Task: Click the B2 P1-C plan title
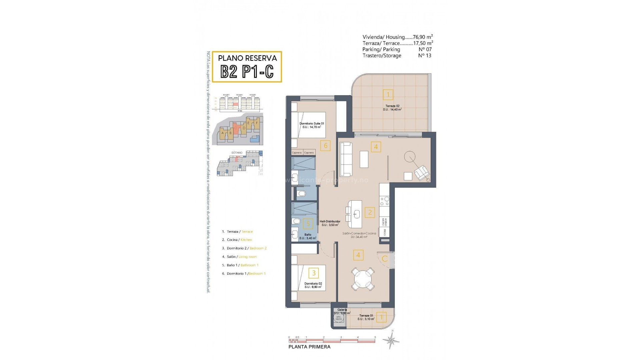247,71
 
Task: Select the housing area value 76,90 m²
423,37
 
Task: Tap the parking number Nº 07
425,49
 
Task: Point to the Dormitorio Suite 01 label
312,124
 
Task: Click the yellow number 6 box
326,145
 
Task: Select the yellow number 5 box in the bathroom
308,224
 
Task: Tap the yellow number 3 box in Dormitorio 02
313,273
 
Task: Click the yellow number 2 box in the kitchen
369,212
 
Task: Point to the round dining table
363,278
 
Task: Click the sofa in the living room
346,159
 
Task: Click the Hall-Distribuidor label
330,221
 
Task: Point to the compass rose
391,340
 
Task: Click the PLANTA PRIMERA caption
309,347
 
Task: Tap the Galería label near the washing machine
342,310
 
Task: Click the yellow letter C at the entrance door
384,259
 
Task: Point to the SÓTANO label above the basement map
237,153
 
